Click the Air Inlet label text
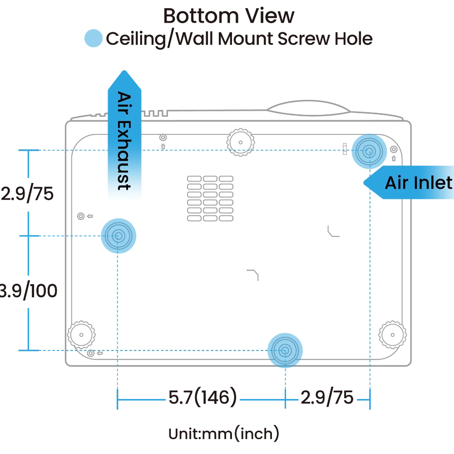point(418,183)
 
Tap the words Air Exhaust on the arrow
point(124,140)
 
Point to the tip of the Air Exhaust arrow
point(123,71)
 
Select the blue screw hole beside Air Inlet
point(369,151)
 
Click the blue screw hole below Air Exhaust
point(118,236)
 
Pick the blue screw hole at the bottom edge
point(285,350)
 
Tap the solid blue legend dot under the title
point(94,39)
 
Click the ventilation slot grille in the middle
point(210,198)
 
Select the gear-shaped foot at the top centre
point(240,142)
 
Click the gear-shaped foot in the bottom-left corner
point(81,335)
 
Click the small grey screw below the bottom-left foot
point(91,353)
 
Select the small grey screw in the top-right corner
point(394,149)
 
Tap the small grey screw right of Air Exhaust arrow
point(163,137)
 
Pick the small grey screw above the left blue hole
point(81,216)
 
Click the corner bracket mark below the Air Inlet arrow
point(334,232)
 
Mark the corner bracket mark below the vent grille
point(253,274)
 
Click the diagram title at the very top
point(229,17)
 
